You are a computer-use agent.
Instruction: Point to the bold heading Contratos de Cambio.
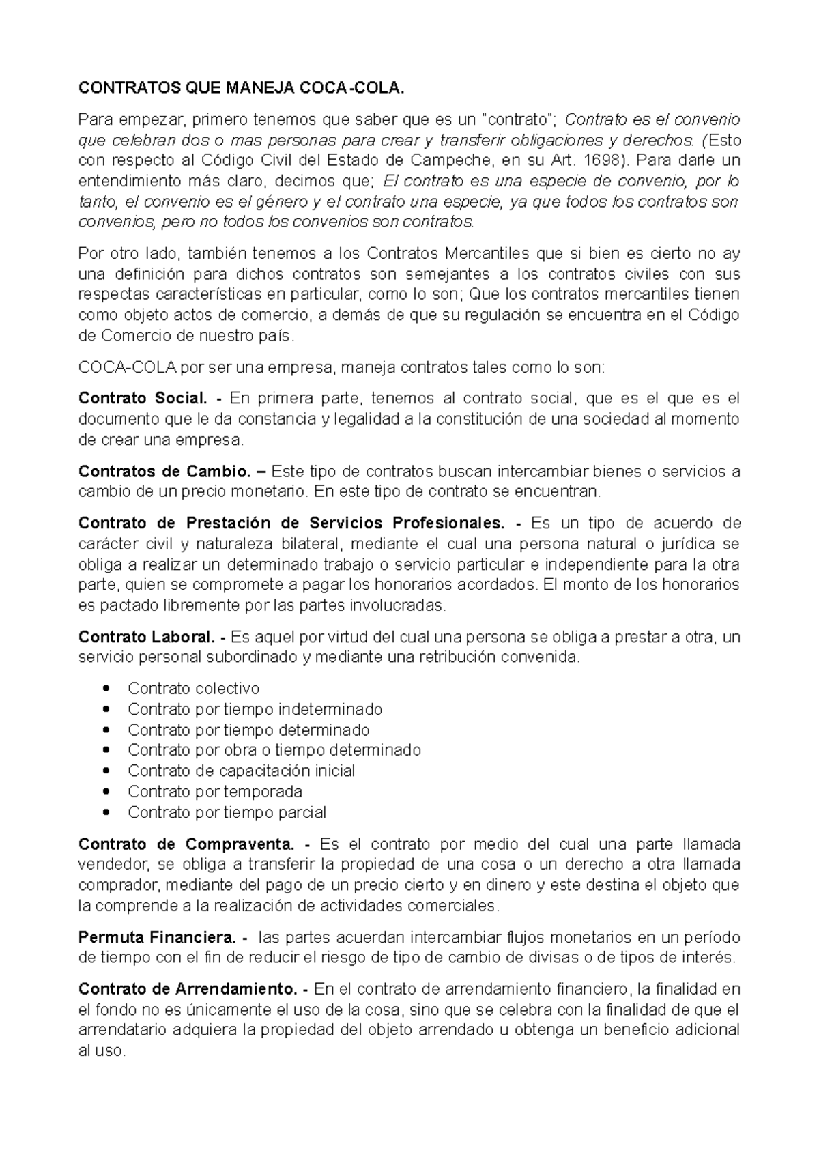point(163,472)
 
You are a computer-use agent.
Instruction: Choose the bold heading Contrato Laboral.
point(147,638)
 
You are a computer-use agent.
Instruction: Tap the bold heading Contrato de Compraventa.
point(186,844)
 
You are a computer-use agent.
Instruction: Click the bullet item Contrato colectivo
point(193,689)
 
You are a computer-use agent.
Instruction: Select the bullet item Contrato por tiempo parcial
point(227,812)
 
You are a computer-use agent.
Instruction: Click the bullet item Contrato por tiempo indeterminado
point(255,709)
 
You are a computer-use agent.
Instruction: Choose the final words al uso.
point(102,1051)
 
